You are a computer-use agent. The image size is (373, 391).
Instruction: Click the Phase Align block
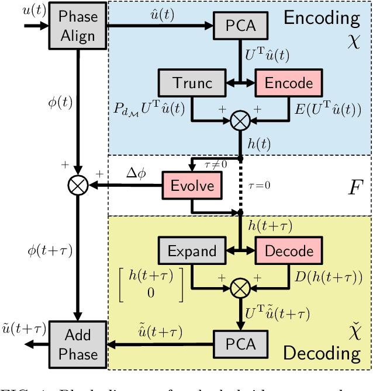(x=78, y=26)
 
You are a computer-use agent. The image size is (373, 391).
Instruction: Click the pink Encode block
(x=288, y=83)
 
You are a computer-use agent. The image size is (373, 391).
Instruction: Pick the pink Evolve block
(x=192, y=186)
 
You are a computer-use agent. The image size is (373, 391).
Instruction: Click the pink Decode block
(x=288, y=252)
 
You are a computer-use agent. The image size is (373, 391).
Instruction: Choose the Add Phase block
(x=78, y=344)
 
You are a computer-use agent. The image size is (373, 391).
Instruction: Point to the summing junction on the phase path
(x=78, y=186)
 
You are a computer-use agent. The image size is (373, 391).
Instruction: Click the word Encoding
(x=322, y=18)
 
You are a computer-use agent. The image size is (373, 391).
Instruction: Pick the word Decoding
(x=322, y=353)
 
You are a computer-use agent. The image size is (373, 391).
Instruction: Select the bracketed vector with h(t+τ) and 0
(x=151, y=284)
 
